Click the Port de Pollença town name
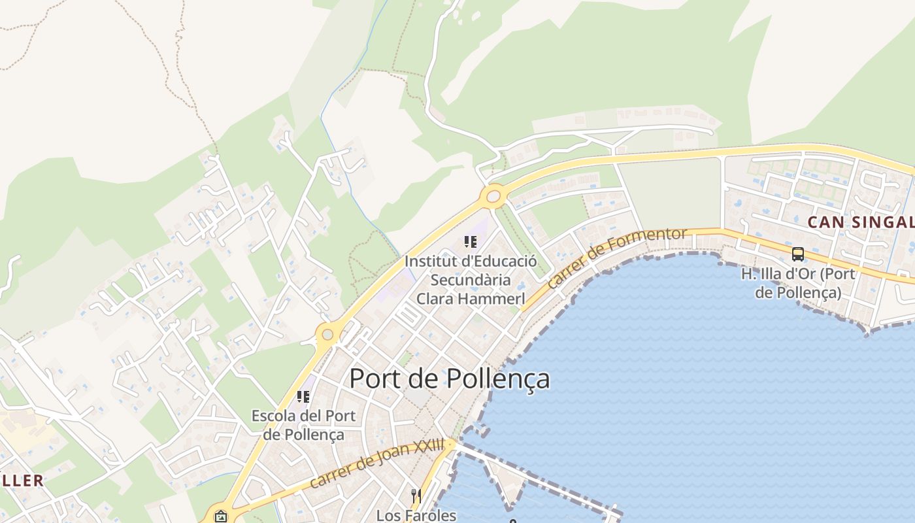450,379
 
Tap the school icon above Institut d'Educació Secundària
470,242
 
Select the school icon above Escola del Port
303,396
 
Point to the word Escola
274,416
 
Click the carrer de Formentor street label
617,258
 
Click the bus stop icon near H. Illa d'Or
797,254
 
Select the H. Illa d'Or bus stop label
798,282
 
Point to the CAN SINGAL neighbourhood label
860,222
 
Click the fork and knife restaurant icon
416,496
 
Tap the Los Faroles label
416,515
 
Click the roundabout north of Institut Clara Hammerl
493,195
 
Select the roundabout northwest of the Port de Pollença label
327,335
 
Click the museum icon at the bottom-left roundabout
221,516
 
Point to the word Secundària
471,280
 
